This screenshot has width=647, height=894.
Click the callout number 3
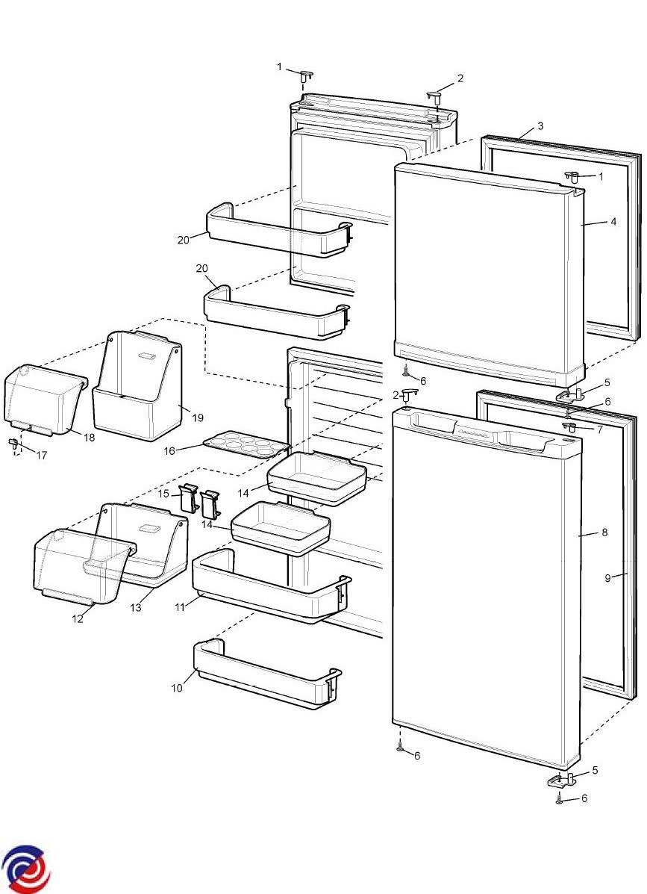[x=540, y=126]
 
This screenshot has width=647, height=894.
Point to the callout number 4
[x=613, y=222]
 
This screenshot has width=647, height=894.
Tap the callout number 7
[x=599, y=429]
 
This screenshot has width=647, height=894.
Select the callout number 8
[x=604, y=533]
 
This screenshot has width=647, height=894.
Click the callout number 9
[x=608, y=577]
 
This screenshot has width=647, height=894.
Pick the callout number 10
[x=177, y=688]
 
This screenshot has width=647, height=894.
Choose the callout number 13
[x=136, y=608]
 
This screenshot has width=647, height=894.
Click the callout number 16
[x=169, y=451]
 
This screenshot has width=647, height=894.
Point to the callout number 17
[x=42, y=455]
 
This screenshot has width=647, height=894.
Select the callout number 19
[x=198, y=417]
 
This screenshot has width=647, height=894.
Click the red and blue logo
[x=25, y=869]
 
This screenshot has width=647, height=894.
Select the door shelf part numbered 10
[x=265, y=676]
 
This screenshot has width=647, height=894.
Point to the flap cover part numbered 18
[x=43, y=400]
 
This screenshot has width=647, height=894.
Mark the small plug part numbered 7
[x=571, y=426]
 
